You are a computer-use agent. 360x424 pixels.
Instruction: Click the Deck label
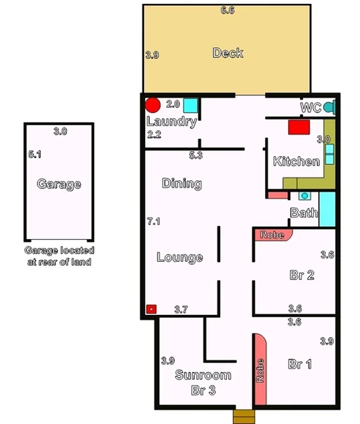(228, 53)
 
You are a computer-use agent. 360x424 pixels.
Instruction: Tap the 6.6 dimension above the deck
(228, 11)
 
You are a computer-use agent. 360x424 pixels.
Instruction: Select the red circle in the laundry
(153, 105)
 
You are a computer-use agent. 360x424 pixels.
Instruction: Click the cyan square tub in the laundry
(191, 105)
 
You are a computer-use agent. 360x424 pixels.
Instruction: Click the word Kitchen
(296, 161)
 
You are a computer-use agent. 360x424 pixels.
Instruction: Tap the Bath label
(303, 213)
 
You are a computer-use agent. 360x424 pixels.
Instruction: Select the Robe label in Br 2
(272, 235)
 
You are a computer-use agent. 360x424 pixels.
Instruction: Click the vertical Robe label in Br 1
(260, 370)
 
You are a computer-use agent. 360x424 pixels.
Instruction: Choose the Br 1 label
(300, 364)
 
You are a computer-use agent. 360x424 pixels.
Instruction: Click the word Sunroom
(203, 375)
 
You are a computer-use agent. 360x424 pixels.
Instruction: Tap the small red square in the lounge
(151, 309)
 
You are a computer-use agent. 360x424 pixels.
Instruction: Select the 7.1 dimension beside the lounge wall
(154, 220)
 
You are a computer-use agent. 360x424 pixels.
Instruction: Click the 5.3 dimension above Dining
(196, 155)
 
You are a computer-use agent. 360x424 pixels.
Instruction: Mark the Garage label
(59, 184)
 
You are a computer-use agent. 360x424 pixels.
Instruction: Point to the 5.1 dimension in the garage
(35, 154)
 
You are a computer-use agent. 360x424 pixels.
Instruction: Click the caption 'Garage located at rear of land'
(59, 256)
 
